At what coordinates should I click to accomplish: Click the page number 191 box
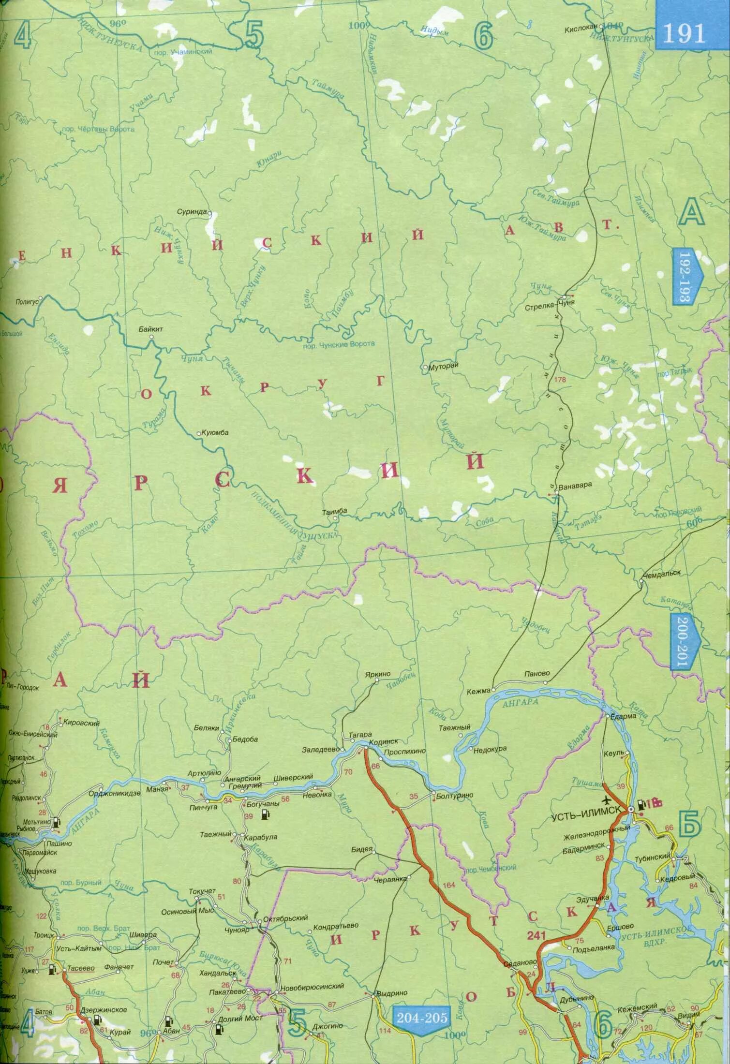tap(684, 33)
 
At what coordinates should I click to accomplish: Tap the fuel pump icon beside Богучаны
tap(264, 816)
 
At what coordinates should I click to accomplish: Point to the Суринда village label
tap(192, 212)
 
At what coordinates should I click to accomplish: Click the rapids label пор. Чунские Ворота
tap(338, 343)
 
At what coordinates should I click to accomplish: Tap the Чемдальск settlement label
tap(662, 572)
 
